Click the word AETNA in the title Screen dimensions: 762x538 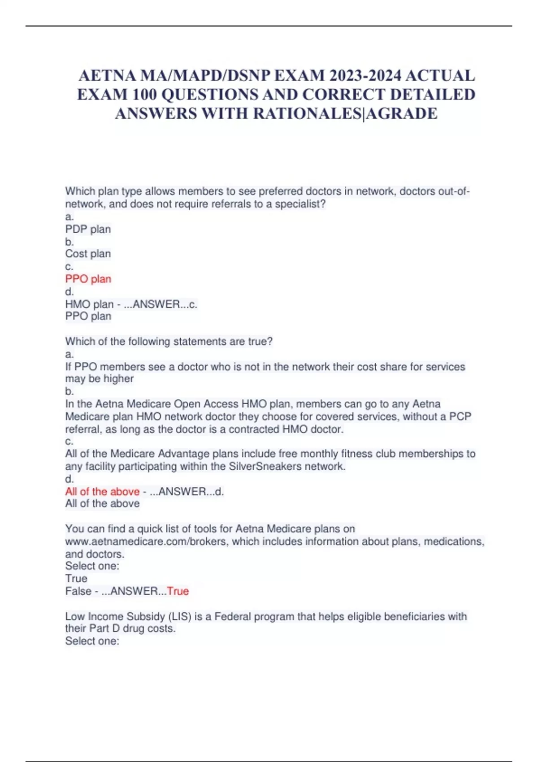pyautogui.click(x=107, y=76)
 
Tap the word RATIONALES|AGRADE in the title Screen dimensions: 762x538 pyautogui.click(x=345, y=113)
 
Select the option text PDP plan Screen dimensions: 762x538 pyautogui.click(x=88, y=229)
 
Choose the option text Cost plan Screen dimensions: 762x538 pyautogui.click(x=88, y=254)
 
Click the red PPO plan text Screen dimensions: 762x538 pyautogui.click(x=88, y=279)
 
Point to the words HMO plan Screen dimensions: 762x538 pyautogui.click(x=89, y=304)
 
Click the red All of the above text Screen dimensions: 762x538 pyautogui.click(x=102, y=492)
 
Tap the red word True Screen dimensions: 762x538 pyautogui.click(x=178, y=591)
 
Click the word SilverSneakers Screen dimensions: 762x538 pyautogui.click(x=265, y=467)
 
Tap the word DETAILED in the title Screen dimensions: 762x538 pyautogui.click(x=433, y=95)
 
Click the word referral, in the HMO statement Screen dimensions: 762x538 pyautogui.click(x=84, y=429)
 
